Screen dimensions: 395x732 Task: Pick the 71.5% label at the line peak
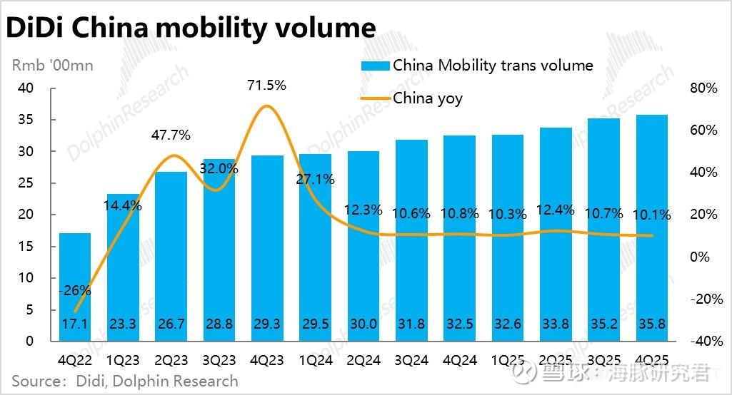coord(266,86)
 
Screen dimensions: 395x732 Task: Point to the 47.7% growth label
coord(170,135)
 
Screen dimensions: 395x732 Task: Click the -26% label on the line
coord(75,290)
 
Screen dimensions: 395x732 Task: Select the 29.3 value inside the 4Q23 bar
coord(266,324)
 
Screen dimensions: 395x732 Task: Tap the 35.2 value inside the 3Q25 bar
coord(603,324)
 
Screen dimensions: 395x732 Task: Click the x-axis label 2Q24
coord(363,360)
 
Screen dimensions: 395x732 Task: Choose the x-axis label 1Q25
coord(507,360)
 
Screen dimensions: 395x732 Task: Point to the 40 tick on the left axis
coord(26,88)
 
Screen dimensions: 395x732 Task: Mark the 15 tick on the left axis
coord(26,246)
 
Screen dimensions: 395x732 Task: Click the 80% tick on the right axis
coord(703,88)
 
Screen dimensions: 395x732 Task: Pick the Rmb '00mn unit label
coord(52,66)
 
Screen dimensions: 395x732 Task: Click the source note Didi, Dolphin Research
coord(124,381)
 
